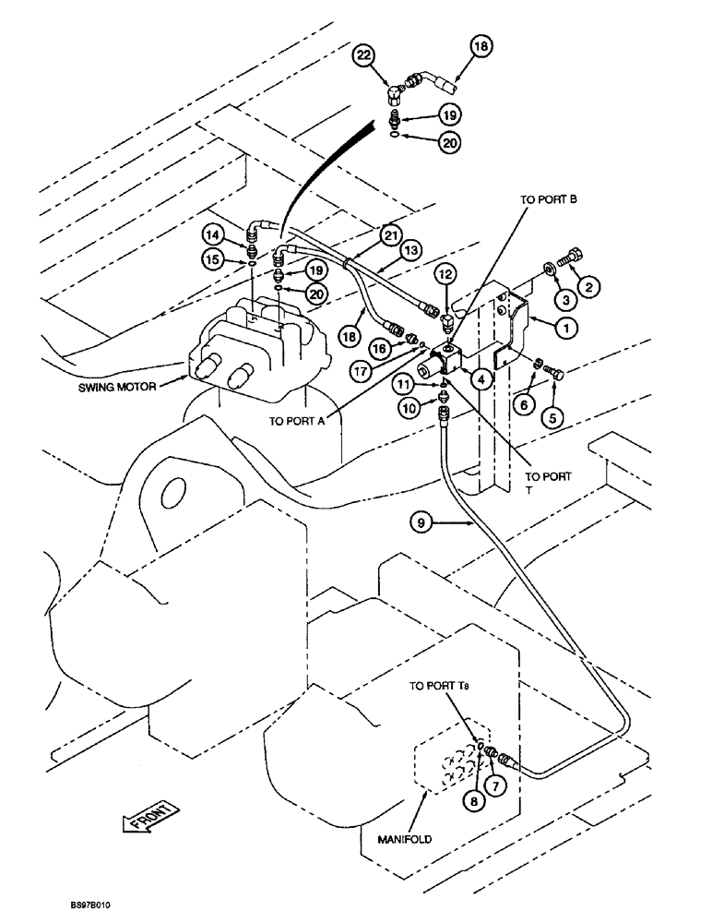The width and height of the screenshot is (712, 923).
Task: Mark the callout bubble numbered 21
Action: point(393,236)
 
